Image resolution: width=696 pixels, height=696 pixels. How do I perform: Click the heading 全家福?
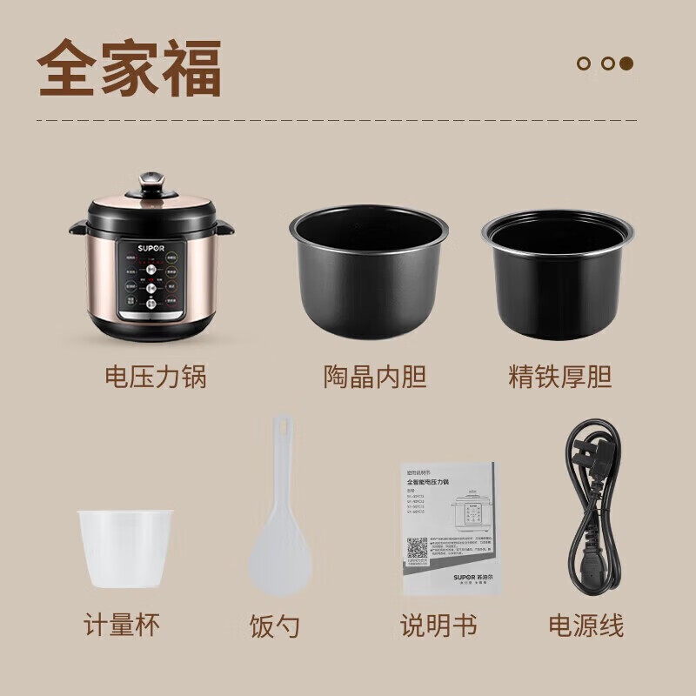(x=130, y=67)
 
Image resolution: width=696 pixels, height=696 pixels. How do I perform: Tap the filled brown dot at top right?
(x=626, y=63)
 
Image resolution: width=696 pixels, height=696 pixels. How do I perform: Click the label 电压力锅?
(x=156, y=377)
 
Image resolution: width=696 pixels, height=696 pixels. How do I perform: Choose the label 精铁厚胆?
(x=560, y=377)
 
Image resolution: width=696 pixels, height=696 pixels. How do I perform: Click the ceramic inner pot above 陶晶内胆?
(x=370, y=270)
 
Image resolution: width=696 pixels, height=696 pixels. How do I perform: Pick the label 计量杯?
(x=122, y=624)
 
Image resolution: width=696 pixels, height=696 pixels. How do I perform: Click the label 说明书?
(x=438, y=625)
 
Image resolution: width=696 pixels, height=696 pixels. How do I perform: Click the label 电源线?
(x=586, y=625)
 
